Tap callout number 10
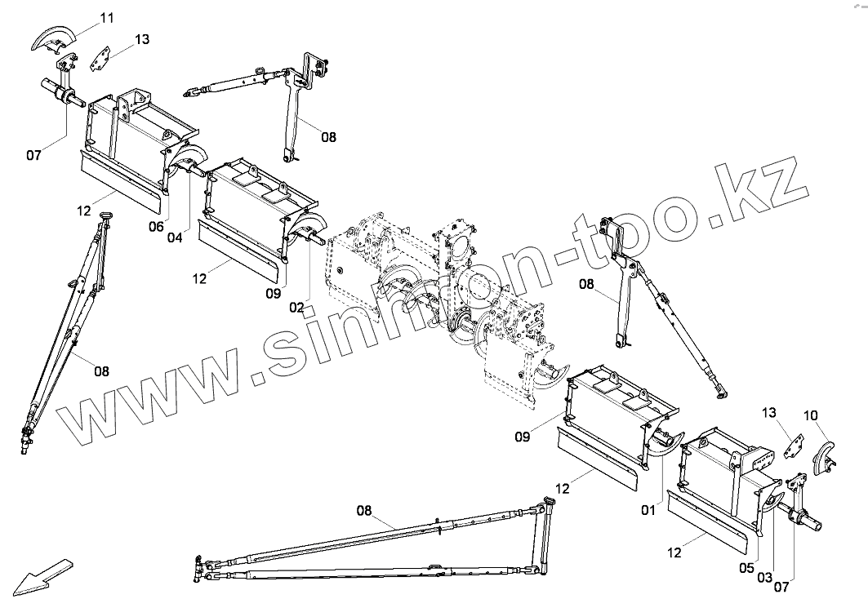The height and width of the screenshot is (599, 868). (x=811, y=415)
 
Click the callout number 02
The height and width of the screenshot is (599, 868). (x=296, y=308)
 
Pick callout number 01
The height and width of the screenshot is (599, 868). (x=648, y=511)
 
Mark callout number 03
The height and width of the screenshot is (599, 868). (x=764, y=578)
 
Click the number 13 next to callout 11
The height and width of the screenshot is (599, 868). (x=142, y=38)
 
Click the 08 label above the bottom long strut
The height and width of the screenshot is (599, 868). (x=364, y=511)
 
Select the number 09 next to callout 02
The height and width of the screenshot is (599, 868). (x=273, y=292)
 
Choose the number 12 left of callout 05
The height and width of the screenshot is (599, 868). (x=674, y=552)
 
